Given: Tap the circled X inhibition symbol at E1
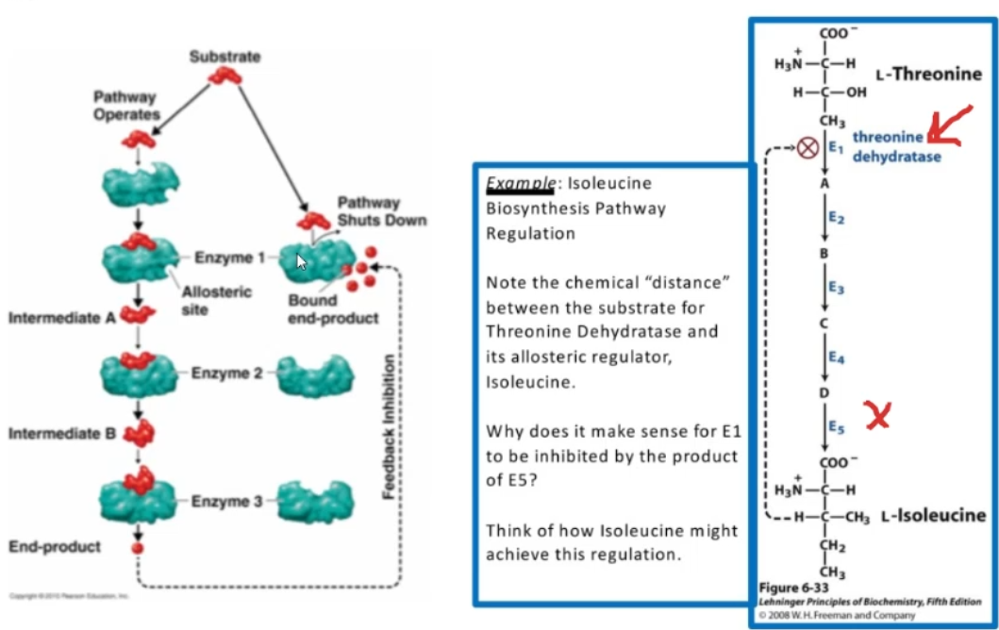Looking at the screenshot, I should pos(808,148).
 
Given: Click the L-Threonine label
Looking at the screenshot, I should pos(928,75).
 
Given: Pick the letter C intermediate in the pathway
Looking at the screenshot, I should pos(824,323).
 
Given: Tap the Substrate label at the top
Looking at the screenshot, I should pos(225,57).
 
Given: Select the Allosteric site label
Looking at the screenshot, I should pos(216,300).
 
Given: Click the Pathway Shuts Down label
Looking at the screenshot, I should pos(381,211).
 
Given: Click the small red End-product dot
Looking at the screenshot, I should pos(138,547).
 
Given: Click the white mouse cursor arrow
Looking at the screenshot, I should pos(302,261).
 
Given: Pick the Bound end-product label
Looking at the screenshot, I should pos(333,309).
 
